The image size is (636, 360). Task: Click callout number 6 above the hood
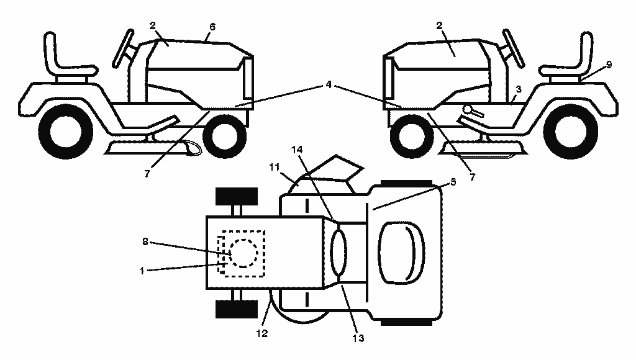pos(212,27)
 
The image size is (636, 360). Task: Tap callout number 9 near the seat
pos(609,64)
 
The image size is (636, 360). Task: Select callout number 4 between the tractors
pos(329,85)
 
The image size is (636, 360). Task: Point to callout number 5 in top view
pos(453,182)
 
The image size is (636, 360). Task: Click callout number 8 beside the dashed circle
pos(145,241)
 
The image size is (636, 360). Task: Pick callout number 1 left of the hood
pos(142,271)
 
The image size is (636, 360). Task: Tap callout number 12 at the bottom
pos(262,333)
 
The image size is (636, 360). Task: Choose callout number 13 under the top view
pos(358,338)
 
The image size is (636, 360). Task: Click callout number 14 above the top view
pos(297,150)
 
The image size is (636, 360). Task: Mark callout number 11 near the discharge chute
pos(275,167)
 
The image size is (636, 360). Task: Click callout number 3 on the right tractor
pos(518,89)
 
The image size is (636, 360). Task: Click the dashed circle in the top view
pos(243,253)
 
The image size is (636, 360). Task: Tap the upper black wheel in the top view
pos(237,197)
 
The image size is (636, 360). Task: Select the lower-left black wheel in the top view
pos(237,309)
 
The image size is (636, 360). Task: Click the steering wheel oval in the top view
pos(338,251)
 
